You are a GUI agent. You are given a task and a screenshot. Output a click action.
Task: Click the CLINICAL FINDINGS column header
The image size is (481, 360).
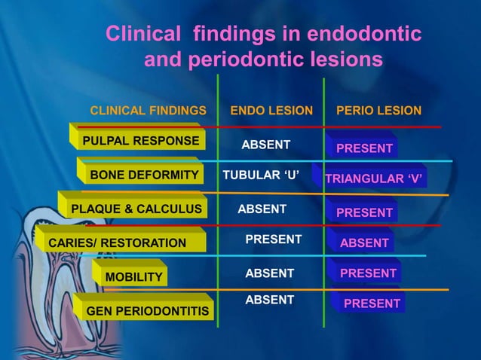click(x=148, y=111)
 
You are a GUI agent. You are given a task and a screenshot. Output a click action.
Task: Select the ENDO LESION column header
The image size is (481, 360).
click(x=271, y=111)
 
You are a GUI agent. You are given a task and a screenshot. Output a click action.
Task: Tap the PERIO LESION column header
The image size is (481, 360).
click(x=378, y=111)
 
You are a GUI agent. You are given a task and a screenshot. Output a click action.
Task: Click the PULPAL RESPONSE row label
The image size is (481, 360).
click(x=141, y=141)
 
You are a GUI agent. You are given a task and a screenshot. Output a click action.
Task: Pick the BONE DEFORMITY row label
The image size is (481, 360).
click(x=144, y=175)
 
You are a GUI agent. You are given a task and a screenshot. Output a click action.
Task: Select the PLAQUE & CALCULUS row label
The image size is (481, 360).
click(x=136, y=209)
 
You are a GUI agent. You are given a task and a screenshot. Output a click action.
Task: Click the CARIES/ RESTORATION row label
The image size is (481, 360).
click(x=117, y=243)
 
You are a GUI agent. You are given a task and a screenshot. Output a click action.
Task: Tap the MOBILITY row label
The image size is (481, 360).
click(x=133, y=277)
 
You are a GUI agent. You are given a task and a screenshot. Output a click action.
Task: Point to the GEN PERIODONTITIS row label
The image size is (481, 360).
click(x=148, y=311)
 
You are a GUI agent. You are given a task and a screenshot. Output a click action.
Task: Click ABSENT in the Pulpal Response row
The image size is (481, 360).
click(x=265, y=145)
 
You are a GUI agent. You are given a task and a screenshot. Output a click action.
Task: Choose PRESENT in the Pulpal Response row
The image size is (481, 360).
click(x=364, y=148)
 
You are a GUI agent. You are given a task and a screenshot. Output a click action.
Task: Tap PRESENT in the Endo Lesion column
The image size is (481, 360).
click(x=274, y=239)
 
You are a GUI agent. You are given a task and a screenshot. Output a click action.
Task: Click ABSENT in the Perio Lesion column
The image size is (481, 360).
click(x=364, y=243)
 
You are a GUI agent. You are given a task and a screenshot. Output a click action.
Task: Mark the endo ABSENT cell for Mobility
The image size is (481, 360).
click(x=270, y=273)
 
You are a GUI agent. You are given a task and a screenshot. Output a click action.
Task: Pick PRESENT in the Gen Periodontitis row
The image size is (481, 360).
click(x=372, y=304)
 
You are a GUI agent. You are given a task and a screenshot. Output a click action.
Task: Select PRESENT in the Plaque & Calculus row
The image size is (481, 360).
click(x=364, y=212)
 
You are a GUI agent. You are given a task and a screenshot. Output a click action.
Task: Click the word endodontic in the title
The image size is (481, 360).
click(x=364, y=35)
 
